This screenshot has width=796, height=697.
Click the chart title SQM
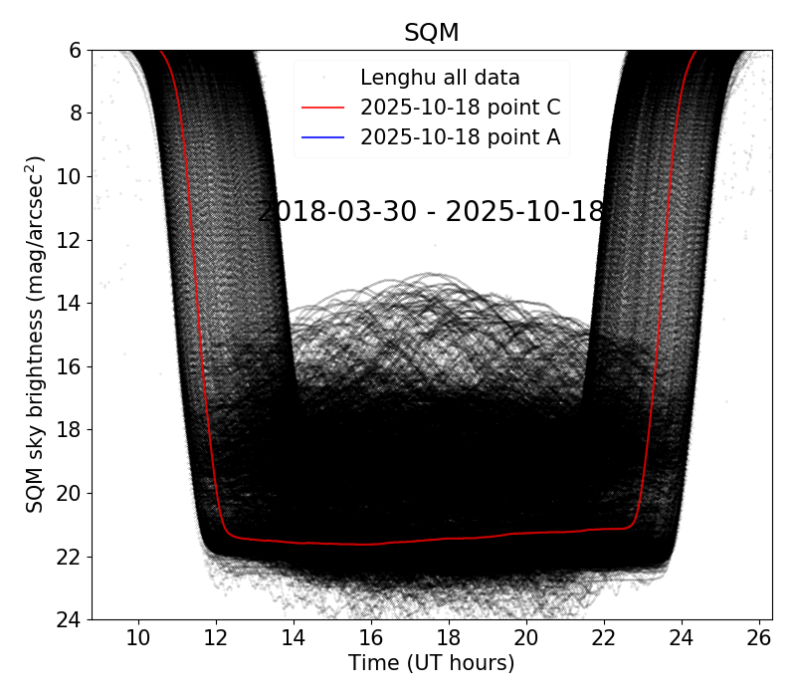(x=431, y=32)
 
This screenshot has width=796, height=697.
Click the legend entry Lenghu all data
(x=440, y=77)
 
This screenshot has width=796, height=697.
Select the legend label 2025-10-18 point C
(x=460, y=108)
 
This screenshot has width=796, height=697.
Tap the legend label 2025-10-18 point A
(x=460, y=137)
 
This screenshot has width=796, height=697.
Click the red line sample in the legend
(x=321, y=108)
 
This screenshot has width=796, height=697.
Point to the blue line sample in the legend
(x=321, y=137)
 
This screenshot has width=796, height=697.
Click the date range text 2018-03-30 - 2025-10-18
(x=431, y=212)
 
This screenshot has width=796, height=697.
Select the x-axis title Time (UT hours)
(x=431, y=663)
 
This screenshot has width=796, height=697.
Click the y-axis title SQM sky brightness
(x=35, y=334)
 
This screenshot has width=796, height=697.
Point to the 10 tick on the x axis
(x=138, y=637)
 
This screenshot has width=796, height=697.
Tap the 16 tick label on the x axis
(x=370, y=637)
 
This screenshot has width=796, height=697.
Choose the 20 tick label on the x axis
(x=525, y=637)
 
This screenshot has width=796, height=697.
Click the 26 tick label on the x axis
(x=758, y=637)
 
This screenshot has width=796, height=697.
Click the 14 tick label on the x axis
(x=293, y=637)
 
